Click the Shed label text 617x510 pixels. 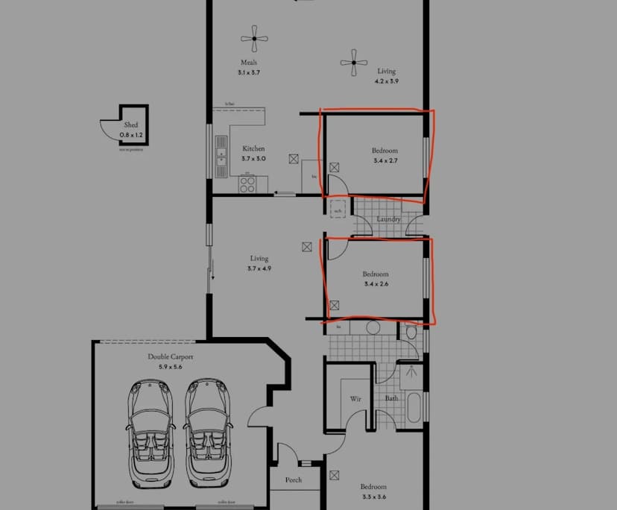click(x=131, y=125)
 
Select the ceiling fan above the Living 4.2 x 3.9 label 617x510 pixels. click(x=353, y=63)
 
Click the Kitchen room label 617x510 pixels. click(x=253, y=148)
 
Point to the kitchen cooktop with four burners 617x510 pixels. click(x=247, y=184)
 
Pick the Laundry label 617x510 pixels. click(x=388, y=219)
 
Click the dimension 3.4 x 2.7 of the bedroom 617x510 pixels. click(x=385, y=160)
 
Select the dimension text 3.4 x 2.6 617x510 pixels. click(x=376, y=284)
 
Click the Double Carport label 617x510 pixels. click(x=170, y=357)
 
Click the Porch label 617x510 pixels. click(x=294, y=480)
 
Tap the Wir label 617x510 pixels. click(x=355, y=399)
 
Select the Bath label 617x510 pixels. click(x=391, y=398)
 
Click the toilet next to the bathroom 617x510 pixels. click(x=411, y=333)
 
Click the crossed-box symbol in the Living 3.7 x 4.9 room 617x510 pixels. click(x=306, y=245)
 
